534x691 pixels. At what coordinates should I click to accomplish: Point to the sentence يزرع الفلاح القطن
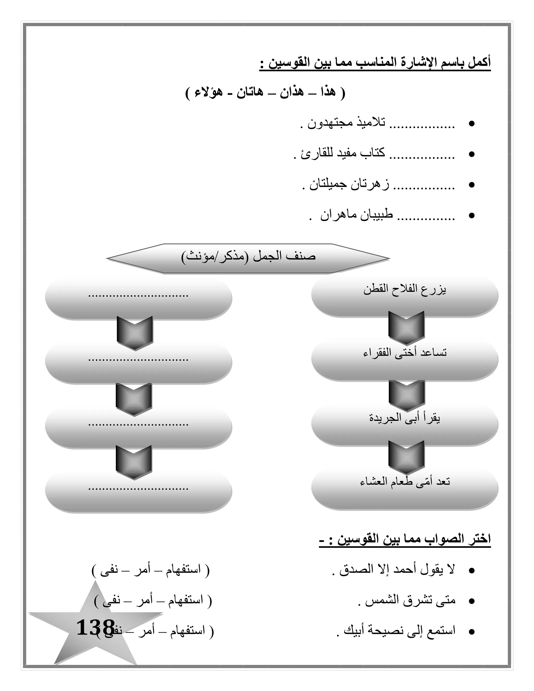[x=405, y=290]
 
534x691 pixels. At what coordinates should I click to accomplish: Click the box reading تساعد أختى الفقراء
[x=405, y=353]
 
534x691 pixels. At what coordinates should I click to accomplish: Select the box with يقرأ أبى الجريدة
[x=405, y=418]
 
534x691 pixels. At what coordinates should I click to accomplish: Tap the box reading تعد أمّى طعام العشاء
[x=405, y=482]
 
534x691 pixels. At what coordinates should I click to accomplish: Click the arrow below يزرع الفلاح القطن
[x=406, y=328]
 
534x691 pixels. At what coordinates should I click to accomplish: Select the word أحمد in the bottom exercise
[x=405, y=570]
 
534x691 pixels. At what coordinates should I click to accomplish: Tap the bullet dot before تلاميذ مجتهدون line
[x=471, y=124]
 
